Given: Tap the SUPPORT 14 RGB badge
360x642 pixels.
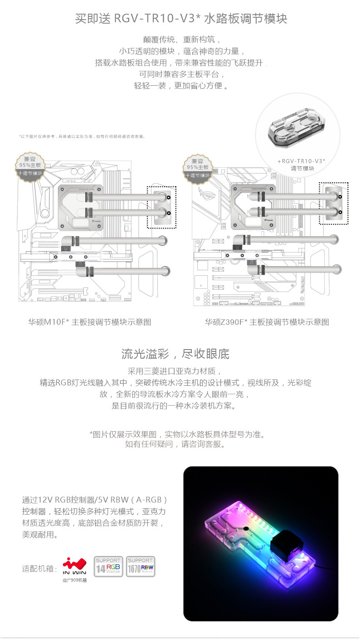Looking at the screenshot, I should click(x=107, y=567).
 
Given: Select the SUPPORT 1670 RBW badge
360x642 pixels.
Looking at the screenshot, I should click(x=140, y=567).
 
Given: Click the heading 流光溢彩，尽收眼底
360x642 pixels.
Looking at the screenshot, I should click(x=175, y=354).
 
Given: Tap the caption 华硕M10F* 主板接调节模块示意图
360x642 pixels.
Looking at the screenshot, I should click(x=89, y=322).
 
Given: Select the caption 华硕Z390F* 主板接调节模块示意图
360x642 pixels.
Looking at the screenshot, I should click(x=267, y=322).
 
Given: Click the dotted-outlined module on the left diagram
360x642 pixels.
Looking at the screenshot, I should click(x=161, y=207).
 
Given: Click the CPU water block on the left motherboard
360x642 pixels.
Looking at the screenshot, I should click(x=82, y=207).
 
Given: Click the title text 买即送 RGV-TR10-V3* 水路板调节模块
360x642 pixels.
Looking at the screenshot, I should click(x=181, y=19).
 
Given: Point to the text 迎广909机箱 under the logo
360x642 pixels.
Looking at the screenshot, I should click(x=74, y=580).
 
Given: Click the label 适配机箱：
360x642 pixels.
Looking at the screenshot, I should click(x=40, y=569).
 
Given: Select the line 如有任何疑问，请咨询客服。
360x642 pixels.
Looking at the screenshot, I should click(x=175, y=444).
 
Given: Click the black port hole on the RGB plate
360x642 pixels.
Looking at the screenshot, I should click(x=245, y=529).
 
